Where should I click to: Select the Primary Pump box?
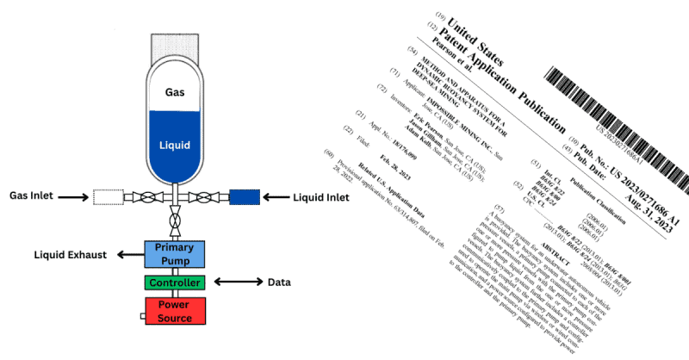pyautogui.click(x=175, y=254)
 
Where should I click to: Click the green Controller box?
pyautogui.click(x=175, y=282)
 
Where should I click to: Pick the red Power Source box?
pyautogui.click(x=175, y=311)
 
